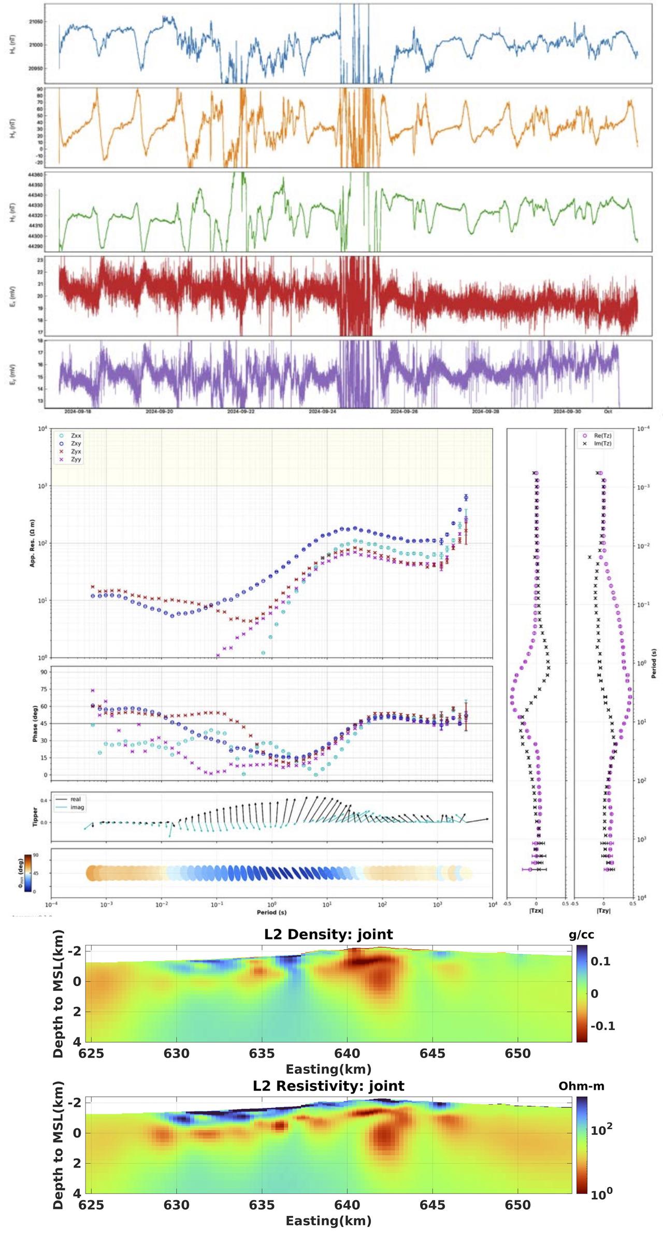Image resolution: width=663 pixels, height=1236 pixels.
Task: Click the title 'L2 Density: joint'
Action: click(x=328, y=934)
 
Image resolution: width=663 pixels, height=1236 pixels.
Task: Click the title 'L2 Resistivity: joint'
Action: click(x=328, y=1086)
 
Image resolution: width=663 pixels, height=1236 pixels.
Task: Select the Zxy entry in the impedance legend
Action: click(x=76, y=444)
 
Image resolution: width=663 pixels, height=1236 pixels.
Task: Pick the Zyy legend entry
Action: click(x=76, y=459)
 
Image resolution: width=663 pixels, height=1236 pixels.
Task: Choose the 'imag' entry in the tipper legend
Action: click(x=77, y=807)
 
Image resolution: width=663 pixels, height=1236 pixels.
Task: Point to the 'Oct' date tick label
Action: click(x=608, y=411)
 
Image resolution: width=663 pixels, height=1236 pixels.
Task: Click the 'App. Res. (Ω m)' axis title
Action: click(x=32, y=543)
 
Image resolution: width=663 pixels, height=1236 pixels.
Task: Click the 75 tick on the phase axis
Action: click(x=44, y=689)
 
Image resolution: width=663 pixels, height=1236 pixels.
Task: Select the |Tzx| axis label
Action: click(x=536, y=911)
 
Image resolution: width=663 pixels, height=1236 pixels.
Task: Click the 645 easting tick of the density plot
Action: click(x=433, y=1054)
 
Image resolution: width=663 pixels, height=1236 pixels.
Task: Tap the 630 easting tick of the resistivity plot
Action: click(x=177, y=1205)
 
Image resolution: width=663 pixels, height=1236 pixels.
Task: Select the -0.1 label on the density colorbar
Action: click(x=602, y=1026)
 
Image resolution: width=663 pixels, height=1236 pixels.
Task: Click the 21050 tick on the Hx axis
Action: click(x=36, y=22)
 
